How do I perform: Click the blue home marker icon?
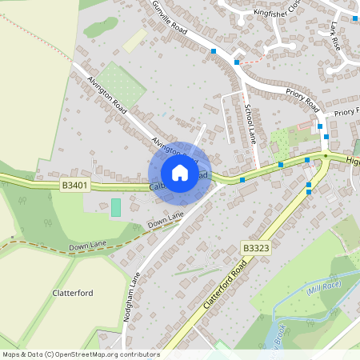pos(179,173)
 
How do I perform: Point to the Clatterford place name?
pos(73,293)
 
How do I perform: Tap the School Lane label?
pos(249,120)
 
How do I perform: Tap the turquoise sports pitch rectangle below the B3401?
pos(116,208)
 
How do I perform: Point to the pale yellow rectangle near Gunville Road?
pos(135,41)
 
